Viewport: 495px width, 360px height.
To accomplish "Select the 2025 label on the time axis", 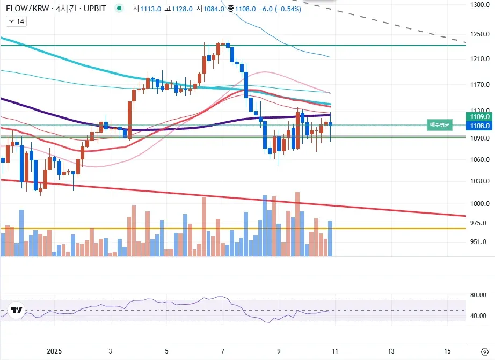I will coord(54,351).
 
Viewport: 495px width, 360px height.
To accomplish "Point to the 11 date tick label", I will coord(335,351).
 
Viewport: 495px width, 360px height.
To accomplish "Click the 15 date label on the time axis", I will coord(448,351).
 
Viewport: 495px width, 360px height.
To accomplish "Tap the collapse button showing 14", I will coord(16,21).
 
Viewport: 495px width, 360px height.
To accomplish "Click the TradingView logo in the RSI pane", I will coord(17,311).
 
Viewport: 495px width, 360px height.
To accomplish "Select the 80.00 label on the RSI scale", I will coord(478,295).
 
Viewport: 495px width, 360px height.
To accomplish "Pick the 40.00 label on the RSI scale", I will coord(478,316).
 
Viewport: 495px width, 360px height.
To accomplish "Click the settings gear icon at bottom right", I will coord(484,352).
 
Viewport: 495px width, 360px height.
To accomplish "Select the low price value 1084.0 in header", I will coord(214,9).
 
